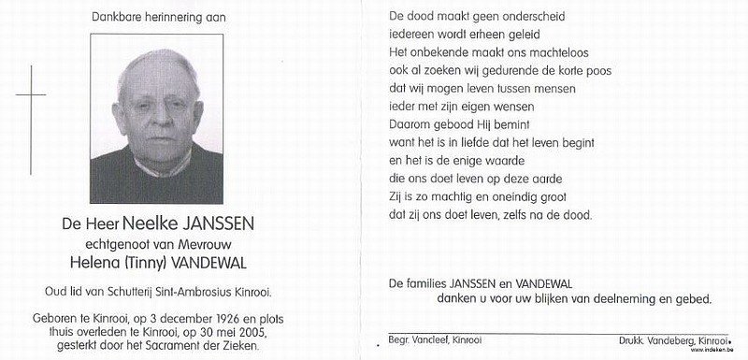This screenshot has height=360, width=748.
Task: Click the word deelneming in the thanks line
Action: (x=605, y=299)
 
